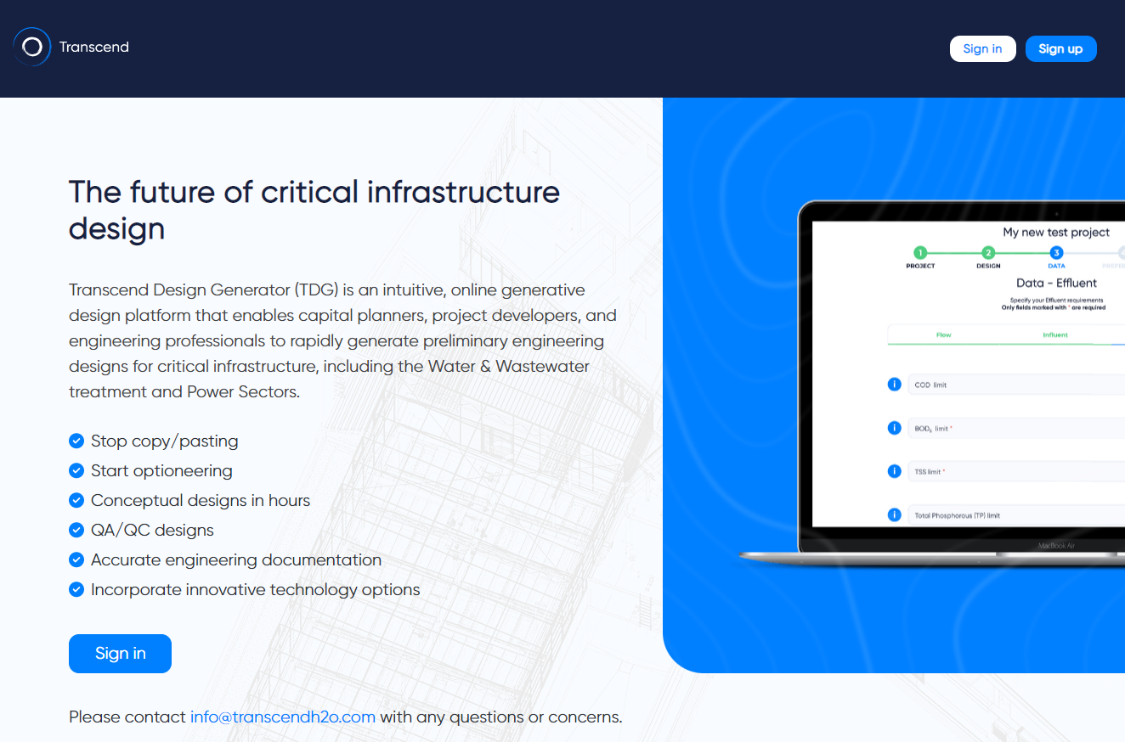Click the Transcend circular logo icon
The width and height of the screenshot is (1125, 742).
coord(32,47)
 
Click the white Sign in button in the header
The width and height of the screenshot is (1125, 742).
coord(982,48)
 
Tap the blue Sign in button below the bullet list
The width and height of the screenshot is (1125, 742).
coord(120,653)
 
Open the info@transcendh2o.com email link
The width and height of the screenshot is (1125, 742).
coord(282,717)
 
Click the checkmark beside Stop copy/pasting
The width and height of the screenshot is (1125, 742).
coord(76,441)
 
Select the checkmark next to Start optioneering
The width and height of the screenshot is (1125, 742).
coord(76,470)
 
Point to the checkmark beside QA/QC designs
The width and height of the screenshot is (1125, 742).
coord(76,530)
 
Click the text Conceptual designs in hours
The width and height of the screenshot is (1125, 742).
coord(201,500)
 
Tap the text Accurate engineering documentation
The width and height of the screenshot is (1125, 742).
coord(236,559)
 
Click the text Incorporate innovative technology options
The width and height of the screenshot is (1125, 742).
coord(256,589)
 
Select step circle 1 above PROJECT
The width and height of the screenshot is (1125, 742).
coord(920,252)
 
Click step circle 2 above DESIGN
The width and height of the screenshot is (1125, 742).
coord(988,252)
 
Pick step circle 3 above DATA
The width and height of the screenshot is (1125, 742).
coord(1056,252)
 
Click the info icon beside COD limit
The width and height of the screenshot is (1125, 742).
coord(894,385)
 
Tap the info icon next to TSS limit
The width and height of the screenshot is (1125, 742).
coord(894,471)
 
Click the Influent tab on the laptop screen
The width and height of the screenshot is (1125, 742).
coord(1055,334)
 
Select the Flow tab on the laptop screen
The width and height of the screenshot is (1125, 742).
coord(943,334)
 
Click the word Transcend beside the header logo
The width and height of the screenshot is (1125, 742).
coord(94,47)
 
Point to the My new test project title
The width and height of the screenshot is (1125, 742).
coord(1056,232)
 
